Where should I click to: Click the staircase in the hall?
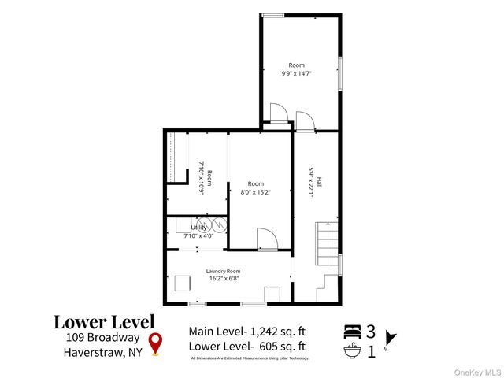coord(327,245)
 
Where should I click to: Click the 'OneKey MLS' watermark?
coord(476,371)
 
